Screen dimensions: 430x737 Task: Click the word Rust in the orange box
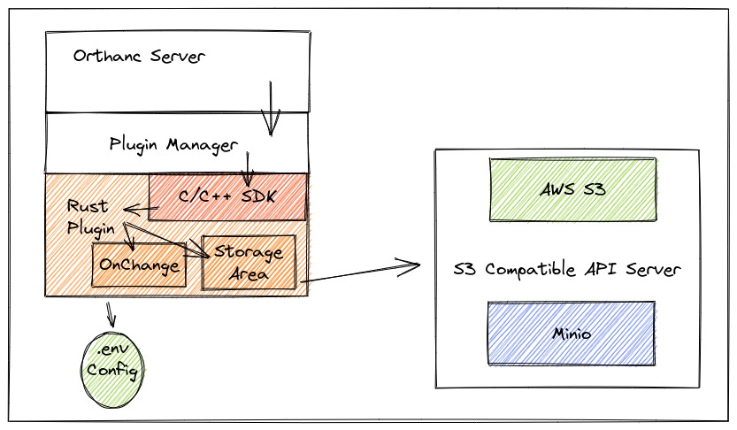point(88,206)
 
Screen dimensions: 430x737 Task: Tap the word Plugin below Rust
point(91,227)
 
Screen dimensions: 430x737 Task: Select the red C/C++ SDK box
point(227,196)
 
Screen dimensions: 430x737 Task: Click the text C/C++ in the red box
point(206,196)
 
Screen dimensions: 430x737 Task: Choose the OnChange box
point(139,265)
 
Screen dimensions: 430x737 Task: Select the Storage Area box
point(249,262)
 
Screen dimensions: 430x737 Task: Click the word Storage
point(249,252)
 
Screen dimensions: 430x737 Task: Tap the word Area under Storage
point(250,273)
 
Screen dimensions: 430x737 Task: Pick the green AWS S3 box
point(573,189)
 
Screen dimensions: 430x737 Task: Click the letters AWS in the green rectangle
point(559,189)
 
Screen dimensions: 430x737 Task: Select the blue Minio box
point(572,334)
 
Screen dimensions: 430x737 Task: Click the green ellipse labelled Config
point(114,371)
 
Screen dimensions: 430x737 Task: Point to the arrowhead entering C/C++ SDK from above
point(247,180)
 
